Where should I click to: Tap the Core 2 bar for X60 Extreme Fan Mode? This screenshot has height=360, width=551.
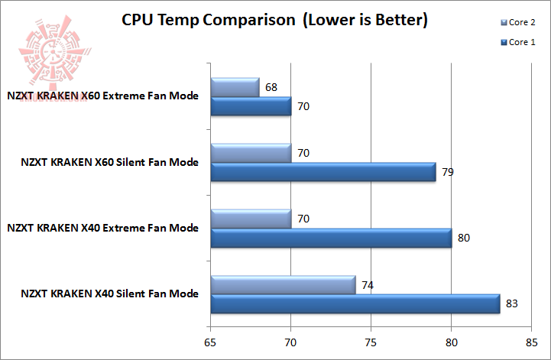235,87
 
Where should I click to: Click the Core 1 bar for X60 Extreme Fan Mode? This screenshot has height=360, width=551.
251,105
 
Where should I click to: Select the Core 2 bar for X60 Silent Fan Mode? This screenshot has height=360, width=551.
251,153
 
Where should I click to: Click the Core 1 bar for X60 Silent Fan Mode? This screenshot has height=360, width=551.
322,172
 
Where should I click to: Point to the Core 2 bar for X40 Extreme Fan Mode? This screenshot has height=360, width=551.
251,219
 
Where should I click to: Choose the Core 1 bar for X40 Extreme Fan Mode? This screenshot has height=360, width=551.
331,238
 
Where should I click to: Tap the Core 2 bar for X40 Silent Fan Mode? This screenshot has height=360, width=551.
283,284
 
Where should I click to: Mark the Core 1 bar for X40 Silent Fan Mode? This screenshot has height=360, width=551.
355,303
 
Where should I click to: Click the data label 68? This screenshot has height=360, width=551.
271,87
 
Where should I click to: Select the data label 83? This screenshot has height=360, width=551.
512,303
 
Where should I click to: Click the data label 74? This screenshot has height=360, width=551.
368,284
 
